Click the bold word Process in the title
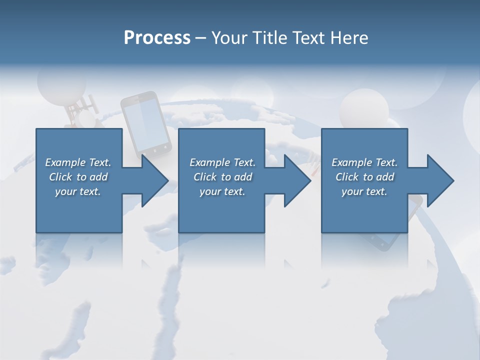pyautogui.click(x=157, y=38)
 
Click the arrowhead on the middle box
pyautogui.click(x=297, y=180)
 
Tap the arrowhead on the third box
pyautogui.click(x=440, y=180)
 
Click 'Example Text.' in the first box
pyautogui.click(x=78, y=162)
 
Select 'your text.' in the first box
pyautogui.click(x=78, y=191)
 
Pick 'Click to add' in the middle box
pyautogui.click(x=222, y=177)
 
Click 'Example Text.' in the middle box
pyautogui.click(x=222, y=162)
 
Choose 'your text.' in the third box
pyautogui.click(x=364, y=191)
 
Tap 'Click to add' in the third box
pyautogui.click(x=364, y=177)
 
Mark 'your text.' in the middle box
pyautogui.click(x=222, y=191)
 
